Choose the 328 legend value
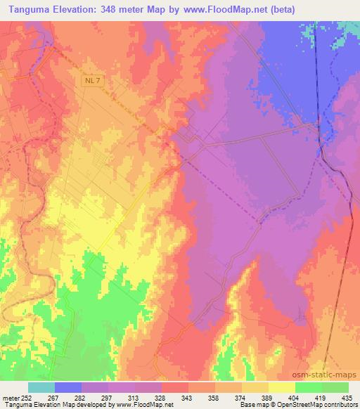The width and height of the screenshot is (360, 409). [x=161, y=398]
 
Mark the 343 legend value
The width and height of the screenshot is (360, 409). [x=188, y=398]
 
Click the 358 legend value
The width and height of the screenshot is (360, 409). [x=214, y=398]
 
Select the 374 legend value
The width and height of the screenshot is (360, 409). [x=241, y=398]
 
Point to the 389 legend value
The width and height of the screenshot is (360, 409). [x=268, y=398]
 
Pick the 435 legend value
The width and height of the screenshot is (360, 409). [x=348, y=398]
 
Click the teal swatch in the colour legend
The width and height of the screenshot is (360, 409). [x=41, y=387]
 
